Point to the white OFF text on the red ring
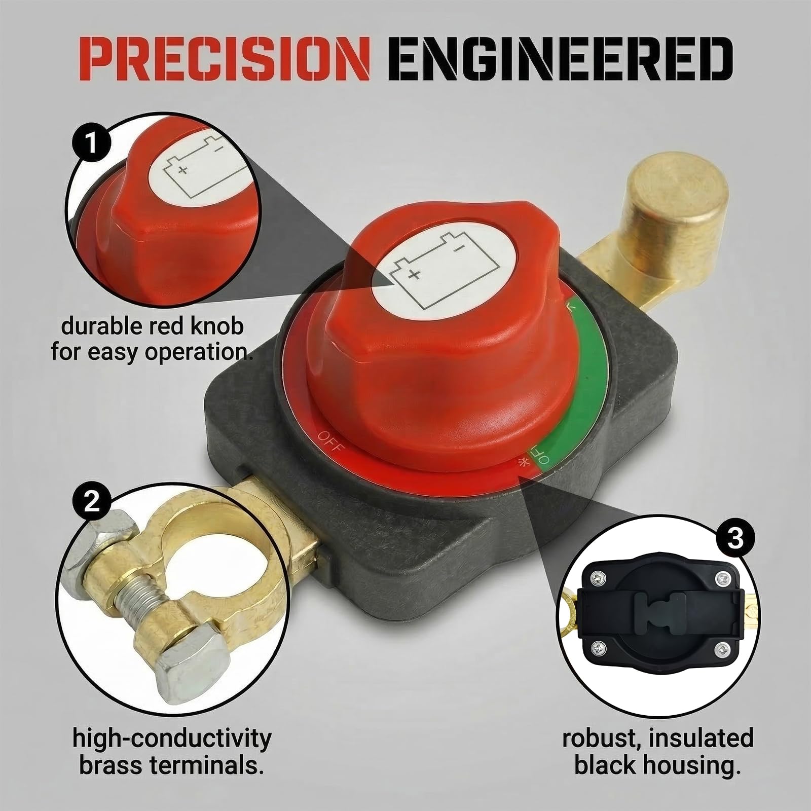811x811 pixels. pyautogui.click(x=331, y=442)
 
